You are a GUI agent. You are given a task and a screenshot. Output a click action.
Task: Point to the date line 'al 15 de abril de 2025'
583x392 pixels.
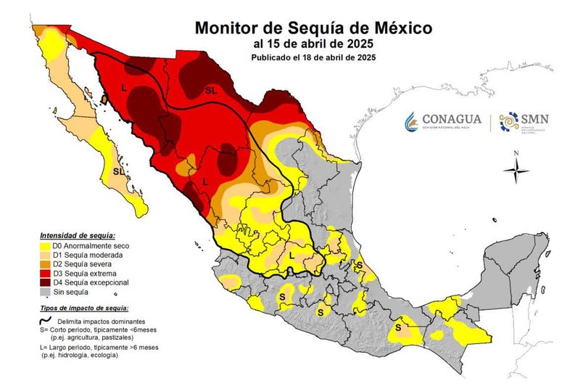click(313, 44)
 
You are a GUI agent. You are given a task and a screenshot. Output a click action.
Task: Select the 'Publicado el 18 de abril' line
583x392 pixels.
click(313, 57)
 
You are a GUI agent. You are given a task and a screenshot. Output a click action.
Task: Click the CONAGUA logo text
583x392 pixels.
click(454, 118)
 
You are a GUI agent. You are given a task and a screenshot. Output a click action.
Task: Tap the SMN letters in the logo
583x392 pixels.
click(536, 118)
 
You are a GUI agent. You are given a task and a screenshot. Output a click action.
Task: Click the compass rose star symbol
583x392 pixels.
click(516, 173)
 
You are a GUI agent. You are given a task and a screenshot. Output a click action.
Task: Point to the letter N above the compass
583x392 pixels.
click(516, 153)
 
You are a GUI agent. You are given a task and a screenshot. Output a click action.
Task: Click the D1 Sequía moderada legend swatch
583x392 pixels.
click(44, 255)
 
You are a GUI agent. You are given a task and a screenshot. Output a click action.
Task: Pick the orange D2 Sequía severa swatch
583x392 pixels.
click(44, 264)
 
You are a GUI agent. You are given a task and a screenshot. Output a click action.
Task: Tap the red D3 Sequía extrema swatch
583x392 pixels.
click(44, 274)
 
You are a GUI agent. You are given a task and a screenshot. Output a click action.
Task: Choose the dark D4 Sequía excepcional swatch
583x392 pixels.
click(44, 283)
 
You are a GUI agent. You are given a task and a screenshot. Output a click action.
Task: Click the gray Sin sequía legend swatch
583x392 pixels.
click(44, 293)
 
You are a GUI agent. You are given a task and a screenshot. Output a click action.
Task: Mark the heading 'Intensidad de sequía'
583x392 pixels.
click(77, 235)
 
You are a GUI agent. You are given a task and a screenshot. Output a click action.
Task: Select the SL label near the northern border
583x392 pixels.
click(210, 91)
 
